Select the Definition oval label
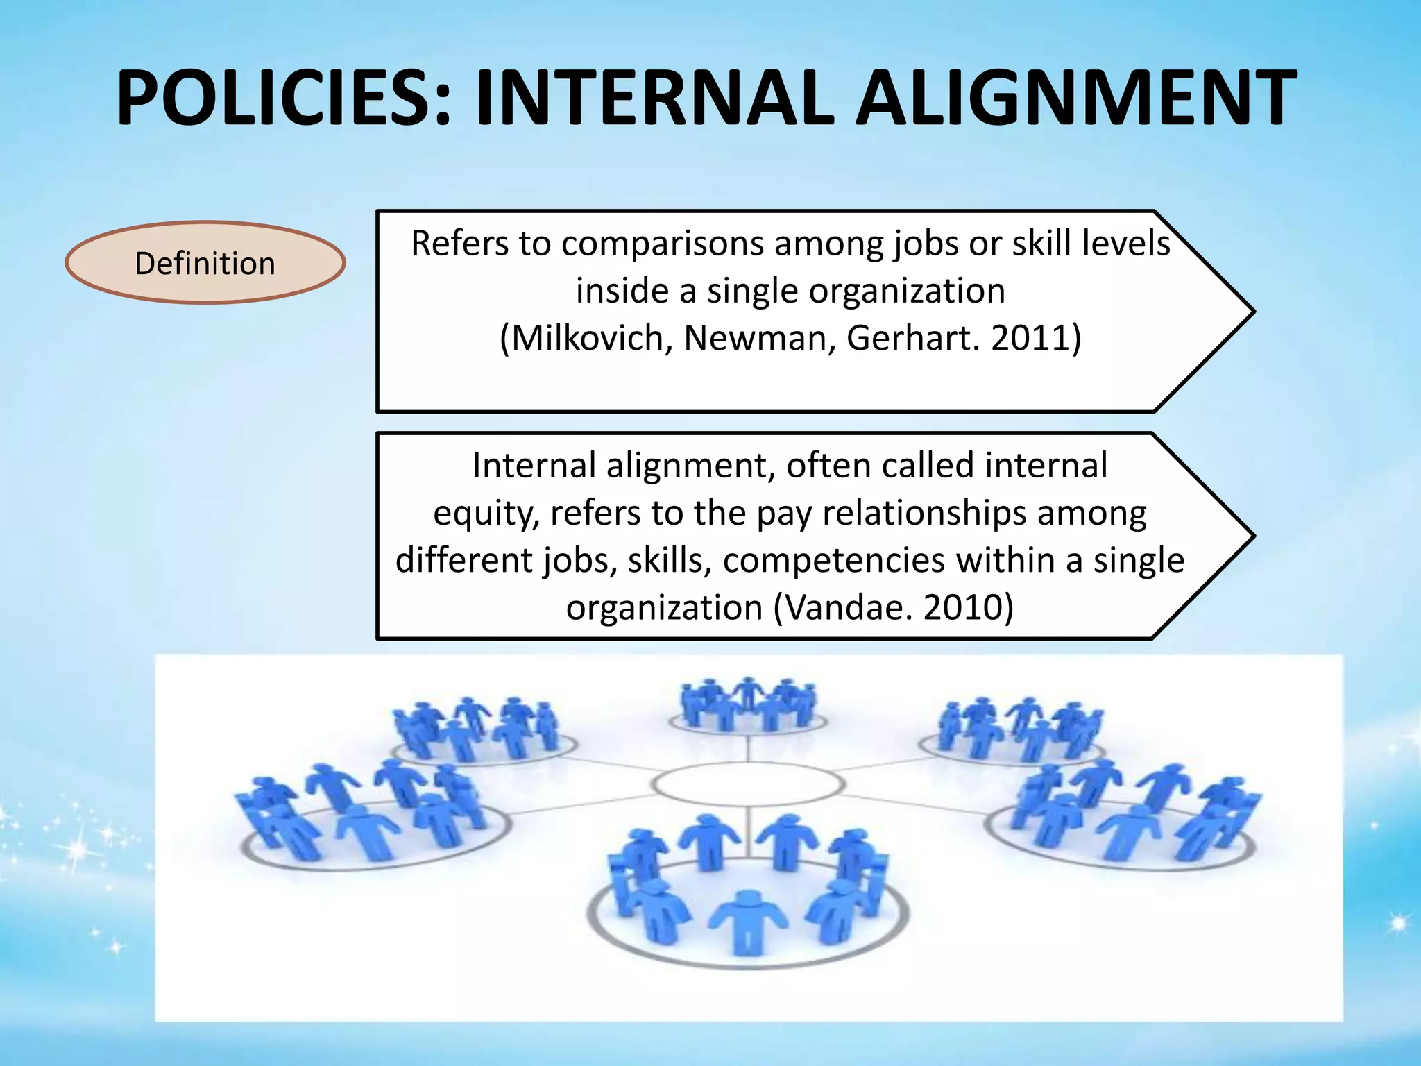tap(205, 263)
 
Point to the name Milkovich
tap(586, 338)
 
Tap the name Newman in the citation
tap(758, 338)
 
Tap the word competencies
tap(833, 560)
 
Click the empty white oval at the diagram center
tap(748, 784)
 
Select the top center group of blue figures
tap(748, 704)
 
